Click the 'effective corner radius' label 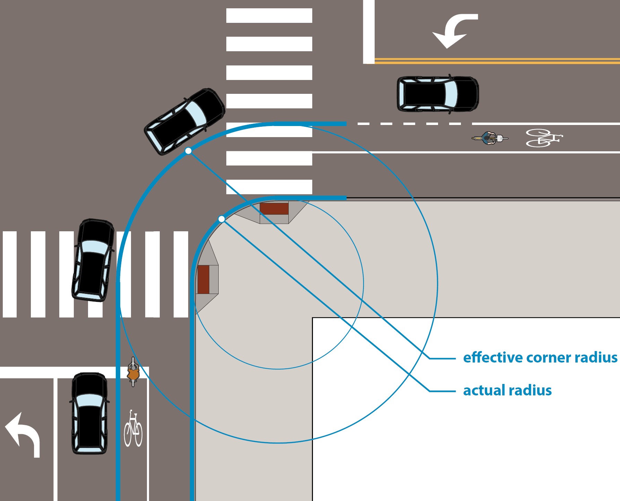(540, 358)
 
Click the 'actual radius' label (507, 391)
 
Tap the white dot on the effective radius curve (188, 151)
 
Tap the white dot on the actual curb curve (222, 219)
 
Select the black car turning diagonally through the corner (185, 121)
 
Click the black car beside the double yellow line (438, 94)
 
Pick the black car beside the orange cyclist (89, 413)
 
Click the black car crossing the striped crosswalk (93, 260)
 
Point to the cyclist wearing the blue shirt (489, 138)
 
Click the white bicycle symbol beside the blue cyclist (543, 138)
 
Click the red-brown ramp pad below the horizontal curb (274, 209)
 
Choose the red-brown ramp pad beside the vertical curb (203, 279)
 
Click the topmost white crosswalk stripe (269, 16)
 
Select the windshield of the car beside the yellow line (451, 94)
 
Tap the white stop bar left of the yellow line (369, 32)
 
